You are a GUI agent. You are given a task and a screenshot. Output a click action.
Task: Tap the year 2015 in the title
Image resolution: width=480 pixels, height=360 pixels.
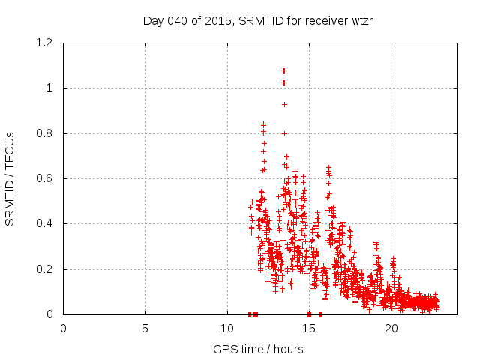(x=218, y=20)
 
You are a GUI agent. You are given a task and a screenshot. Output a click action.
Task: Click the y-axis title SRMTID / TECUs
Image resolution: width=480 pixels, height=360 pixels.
(x=10, y=178)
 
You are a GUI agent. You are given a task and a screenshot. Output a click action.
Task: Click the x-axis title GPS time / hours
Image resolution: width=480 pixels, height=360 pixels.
(x=258, y=349)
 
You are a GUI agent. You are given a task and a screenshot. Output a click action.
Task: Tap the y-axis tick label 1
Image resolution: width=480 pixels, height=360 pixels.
(x=49, y=88)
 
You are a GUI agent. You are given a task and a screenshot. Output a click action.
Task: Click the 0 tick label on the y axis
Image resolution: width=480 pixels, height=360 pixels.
(x=49, y=314)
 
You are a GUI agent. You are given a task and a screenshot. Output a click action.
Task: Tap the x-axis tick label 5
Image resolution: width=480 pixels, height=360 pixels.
(x=145, y=328)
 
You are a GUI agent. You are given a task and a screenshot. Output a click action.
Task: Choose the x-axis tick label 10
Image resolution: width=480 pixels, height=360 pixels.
(x=227, y=328)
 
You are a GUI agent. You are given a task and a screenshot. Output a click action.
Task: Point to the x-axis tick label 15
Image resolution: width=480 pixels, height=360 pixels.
(x=309, y=328)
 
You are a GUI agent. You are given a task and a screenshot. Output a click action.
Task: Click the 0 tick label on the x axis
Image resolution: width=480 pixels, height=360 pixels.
(x=63, y=328)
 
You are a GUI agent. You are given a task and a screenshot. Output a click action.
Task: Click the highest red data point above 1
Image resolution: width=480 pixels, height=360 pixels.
(x=284, y=70)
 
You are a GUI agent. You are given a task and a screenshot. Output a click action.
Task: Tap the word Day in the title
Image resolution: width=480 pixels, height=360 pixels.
(x=153, y=20)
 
